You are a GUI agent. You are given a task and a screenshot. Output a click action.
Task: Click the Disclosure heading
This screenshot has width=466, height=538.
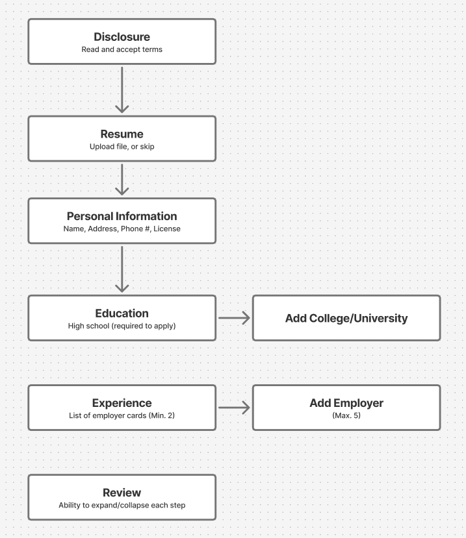coord(122,37)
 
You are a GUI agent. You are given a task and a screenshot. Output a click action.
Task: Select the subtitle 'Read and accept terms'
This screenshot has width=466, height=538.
coord(122,49)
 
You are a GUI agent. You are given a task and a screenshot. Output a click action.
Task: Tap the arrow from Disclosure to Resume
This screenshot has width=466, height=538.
coord(122,90)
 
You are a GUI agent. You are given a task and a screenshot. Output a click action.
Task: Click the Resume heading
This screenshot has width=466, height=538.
coord(122,134)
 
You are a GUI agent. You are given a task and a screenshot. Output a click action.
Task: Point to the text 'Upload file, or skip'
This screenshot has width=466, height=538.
coord(122,147)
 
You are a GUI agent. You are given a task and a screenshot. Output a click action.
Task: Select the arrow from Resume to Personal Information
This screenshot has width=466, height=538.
coord(122,180)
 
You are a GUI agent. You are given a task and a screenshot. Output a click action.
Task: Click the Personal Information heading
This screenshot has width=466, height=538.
coord(122,216)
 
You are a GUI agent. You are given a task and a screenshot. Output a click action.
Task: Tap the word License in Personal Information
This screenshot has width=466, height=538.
coord(166,229)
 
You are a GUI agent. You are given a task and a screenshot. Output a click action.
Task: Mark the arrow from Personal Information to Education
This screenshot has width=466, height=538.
coord(122,269)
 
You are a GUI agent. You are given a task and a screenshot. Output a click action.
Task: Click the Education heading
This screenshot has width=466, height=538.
coord(122,313)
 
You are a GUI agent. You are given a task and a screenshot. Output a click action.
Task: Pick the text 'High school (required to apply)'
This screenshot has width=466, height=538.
coord(122,326)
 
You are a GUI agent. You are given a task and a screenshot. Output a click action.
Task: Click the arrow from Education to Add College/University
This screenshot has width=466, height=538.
coord(234,318)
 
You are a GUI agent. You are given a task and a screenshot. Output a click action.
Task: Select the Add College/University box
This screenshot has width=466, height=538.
coord(346,318)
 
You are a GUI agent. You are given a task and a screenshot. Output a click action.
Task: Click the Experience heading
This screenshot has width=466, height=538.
coord(122,403)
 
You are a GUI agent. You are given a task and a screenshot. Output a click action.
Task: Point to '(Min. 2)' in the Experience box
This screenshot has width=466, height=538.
coord(162,415)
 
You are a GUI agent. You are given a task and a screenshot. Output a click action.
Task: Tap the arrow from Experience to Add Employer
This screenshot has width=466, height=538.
coord(234,408)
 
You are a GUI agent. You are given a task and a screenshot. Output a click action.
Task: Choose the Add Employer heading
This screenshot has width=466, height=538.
coord(346,403)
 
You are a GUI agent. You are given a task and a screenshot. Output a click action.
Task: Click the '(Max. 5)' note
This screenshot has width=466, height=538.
coord(346,415)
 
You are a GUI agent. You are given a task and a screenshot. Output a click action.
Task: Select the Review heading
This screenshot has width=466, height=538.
coord(122,493)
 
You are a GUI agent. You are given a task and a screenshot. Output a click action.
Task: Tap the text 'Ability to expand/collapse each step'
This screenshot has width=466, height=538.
coord(122,505)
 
